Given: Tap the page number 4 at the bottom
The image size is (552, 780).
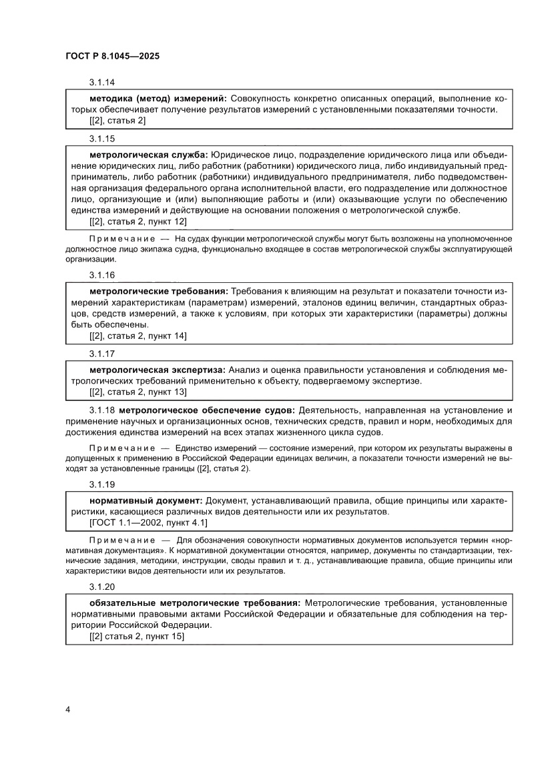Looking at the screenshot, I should pos(68,709).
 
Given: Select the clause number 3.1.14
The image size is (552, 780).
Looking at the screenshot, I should pos(102,83).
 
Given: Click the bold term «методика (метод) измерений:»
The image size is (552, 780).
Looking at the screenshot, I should pos(158,99).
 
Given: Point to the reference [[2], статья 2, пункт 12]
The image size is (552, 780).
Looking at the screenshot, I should pos(138,221).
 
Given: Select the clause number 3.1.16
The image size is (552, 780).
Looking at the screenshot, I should pos(102,275).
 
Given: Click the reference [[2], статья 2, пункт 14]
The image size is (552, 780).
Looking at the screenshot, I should pos(138,336).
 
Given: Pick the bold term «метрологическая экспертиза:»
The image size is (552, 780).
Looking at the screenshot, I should pos(158,369).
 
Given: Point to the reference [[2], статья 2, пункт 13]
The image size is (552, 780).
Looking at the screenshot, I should pos(138,392).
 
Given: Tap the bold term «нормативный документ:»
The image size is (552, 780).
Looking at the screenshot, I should pos(146,500).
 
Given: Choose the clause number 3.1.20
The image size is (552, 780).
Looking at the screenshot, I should pos(102,587).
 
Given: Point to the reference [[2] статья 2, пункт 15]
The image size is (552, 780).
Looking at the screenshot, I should pos(137,636).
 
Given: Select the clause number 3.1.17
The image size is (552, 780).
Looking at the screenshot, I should pos(102,353).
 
